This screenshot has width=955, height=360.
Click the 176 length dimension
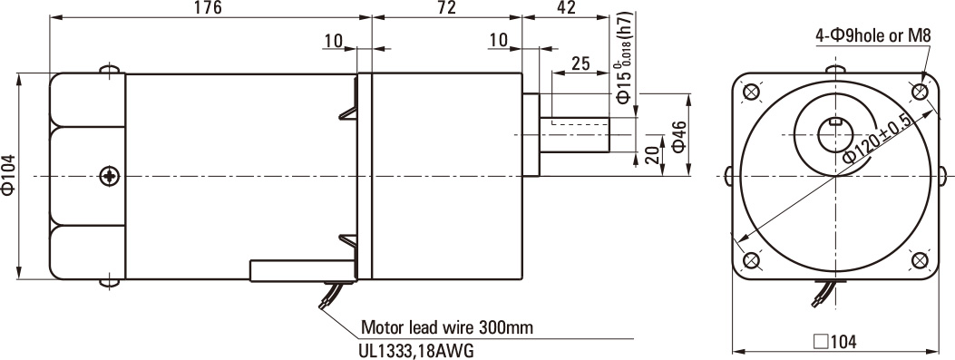pyautogui.click(x=209, y=7)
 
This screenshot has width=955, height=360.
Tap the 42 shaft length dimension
pyautogui.click(x=566, y=7)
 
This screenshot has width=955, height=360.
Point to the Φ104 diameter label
pyautogui.click(x=9, y=176)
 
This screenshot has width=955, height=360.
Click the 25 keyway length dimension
pyautogui.click(x=580, y=63)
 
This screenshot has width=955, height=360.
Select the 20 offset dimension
pyautogui.click(x=652, y=155)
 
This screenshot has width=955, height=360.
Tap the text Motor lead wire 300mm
pyautogui.click(x=447, y=327)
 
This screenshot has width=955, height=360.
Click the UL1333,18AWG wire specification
pyautogui.click(x=417, y=351)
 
